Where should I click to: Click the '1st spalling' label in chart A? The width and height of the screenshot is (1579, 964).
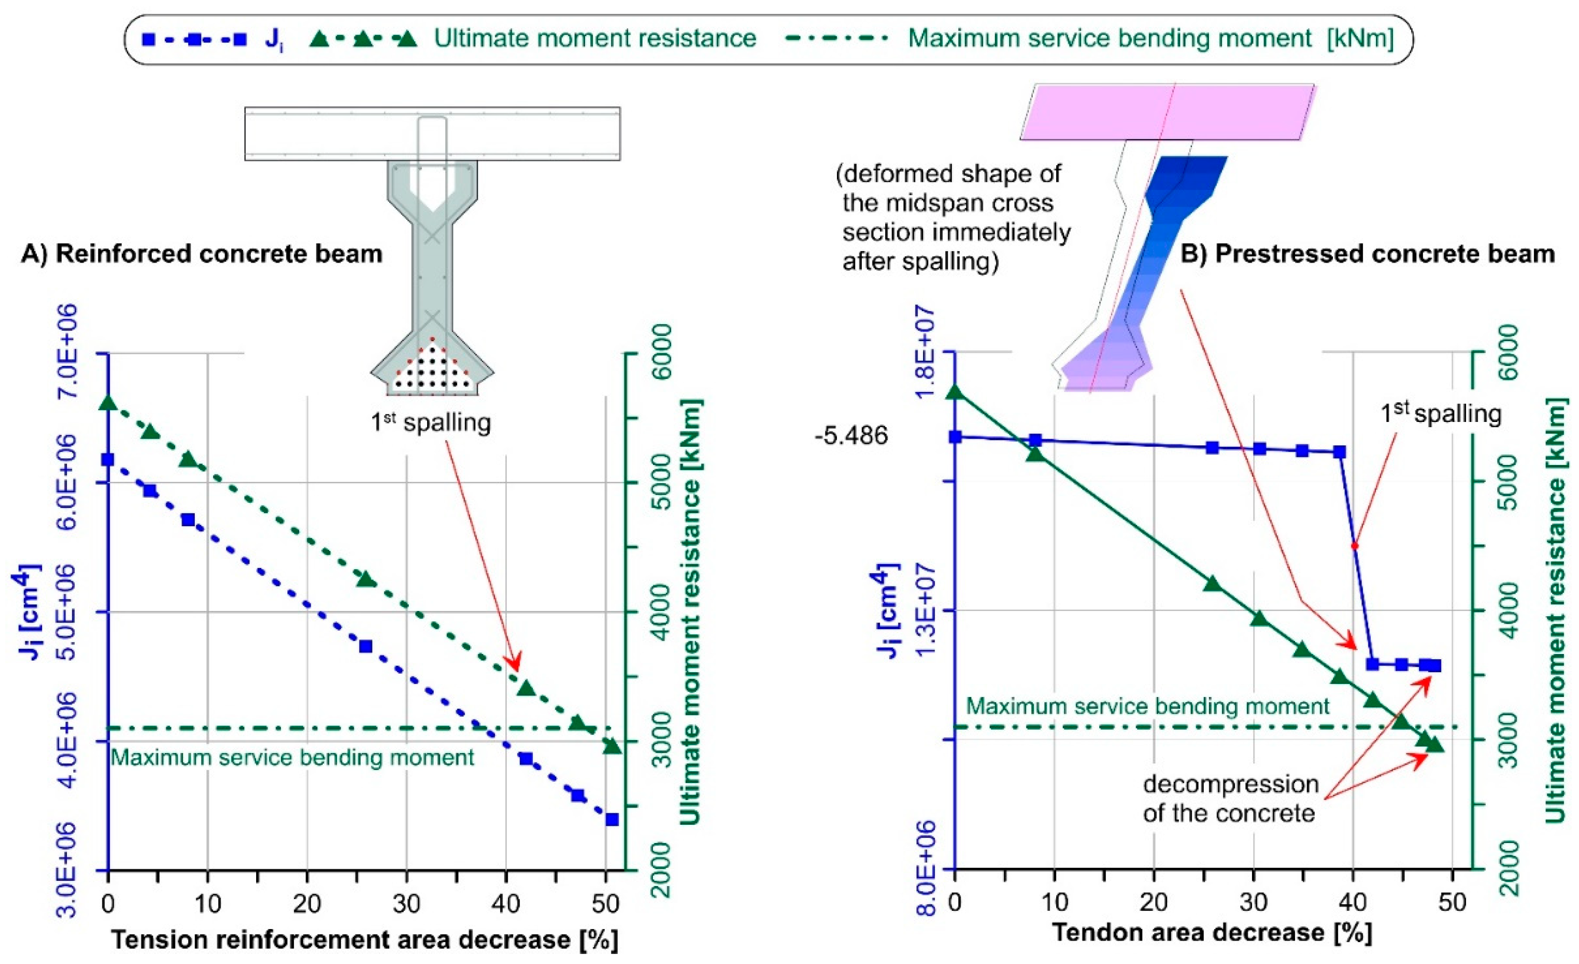click(x=430, y=423)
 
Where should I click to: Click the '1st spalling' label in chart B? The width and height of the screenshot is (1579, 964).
click(x=1441, y=414)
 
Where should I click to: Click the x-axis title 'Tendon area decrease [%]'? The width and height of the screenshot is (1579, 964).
click(x=1212, y=932)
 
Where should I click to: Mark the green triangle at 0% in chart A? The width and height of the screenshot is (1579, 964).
click(x=108, y=403)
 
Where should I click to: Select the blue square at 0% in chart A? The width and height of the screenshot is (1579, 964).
click(x=108, y=459)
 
